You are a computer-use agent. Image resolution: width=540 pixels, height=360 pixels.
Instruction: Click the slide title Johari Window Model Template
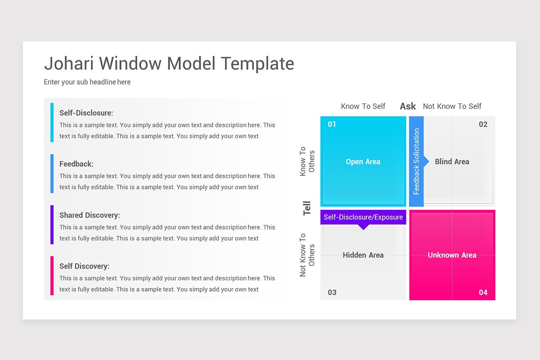tap(169, 63)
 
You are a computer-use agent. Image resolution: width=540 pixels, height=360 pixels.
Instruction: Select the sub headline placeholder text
tap(87, 82)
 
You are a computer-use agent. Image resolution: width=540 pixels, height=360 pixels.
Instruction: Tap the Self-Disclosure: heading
tap(86, 113)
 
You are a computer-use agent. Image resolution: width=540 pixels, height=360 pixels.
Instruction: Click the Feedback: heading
tap(76, 164)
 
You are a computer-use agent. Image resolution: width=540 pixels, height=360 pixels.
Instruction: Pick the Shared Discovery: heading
tap(90, 215)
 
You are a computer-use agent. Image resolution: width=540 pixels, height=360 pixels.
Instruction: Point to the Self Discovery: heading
tap(84, 266)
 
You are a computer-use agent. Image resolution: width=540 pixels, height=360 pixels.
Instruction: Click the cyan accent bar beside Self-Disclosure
tap(52, 122)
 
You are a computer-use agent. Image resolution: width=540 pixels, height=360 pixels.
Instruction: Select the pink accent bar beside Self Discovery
tap(52, 275)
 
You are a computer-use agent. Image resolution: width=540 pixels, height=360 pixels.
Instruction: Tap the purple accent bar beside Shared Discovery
tap(52, 225)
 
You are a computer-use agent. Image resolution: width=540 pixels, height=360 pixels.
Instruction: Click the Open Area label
tap(363, 162)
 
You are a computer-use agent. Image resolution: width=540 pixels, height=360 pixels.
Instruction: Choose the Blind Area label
tap(452, 162)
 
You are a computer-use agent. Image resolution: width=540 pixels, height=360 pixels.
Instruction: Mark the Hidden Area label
tap(363, 255)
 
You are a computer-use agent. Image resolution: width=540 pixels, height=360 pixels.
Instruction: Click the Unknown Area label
tap(452, 255)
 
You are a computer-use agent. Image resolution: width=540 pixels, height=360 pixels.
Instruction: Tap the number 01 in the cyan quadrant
tap(332, 124)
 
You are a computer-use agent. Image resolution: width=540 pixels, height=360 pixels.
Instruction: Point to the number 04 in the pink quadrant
tap(483, 292)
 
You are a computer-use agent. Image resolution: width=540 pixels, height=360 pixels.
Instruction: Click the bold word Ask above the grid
tap(408, 106)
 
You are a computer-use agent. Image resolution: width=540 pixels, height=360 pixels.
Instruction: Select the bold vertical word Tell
tap(307, 208)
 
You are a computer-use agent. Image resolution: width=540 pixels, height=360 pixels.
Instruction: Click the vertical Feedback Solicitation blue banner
tap(416, 162)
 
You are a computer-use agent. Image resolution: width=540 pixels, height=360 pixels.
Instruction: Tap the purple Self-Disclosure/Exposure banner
tap(363, 217)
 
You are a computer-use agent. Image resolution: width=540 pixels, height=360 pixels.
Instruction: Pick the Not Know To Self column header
tap(452, 106)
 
